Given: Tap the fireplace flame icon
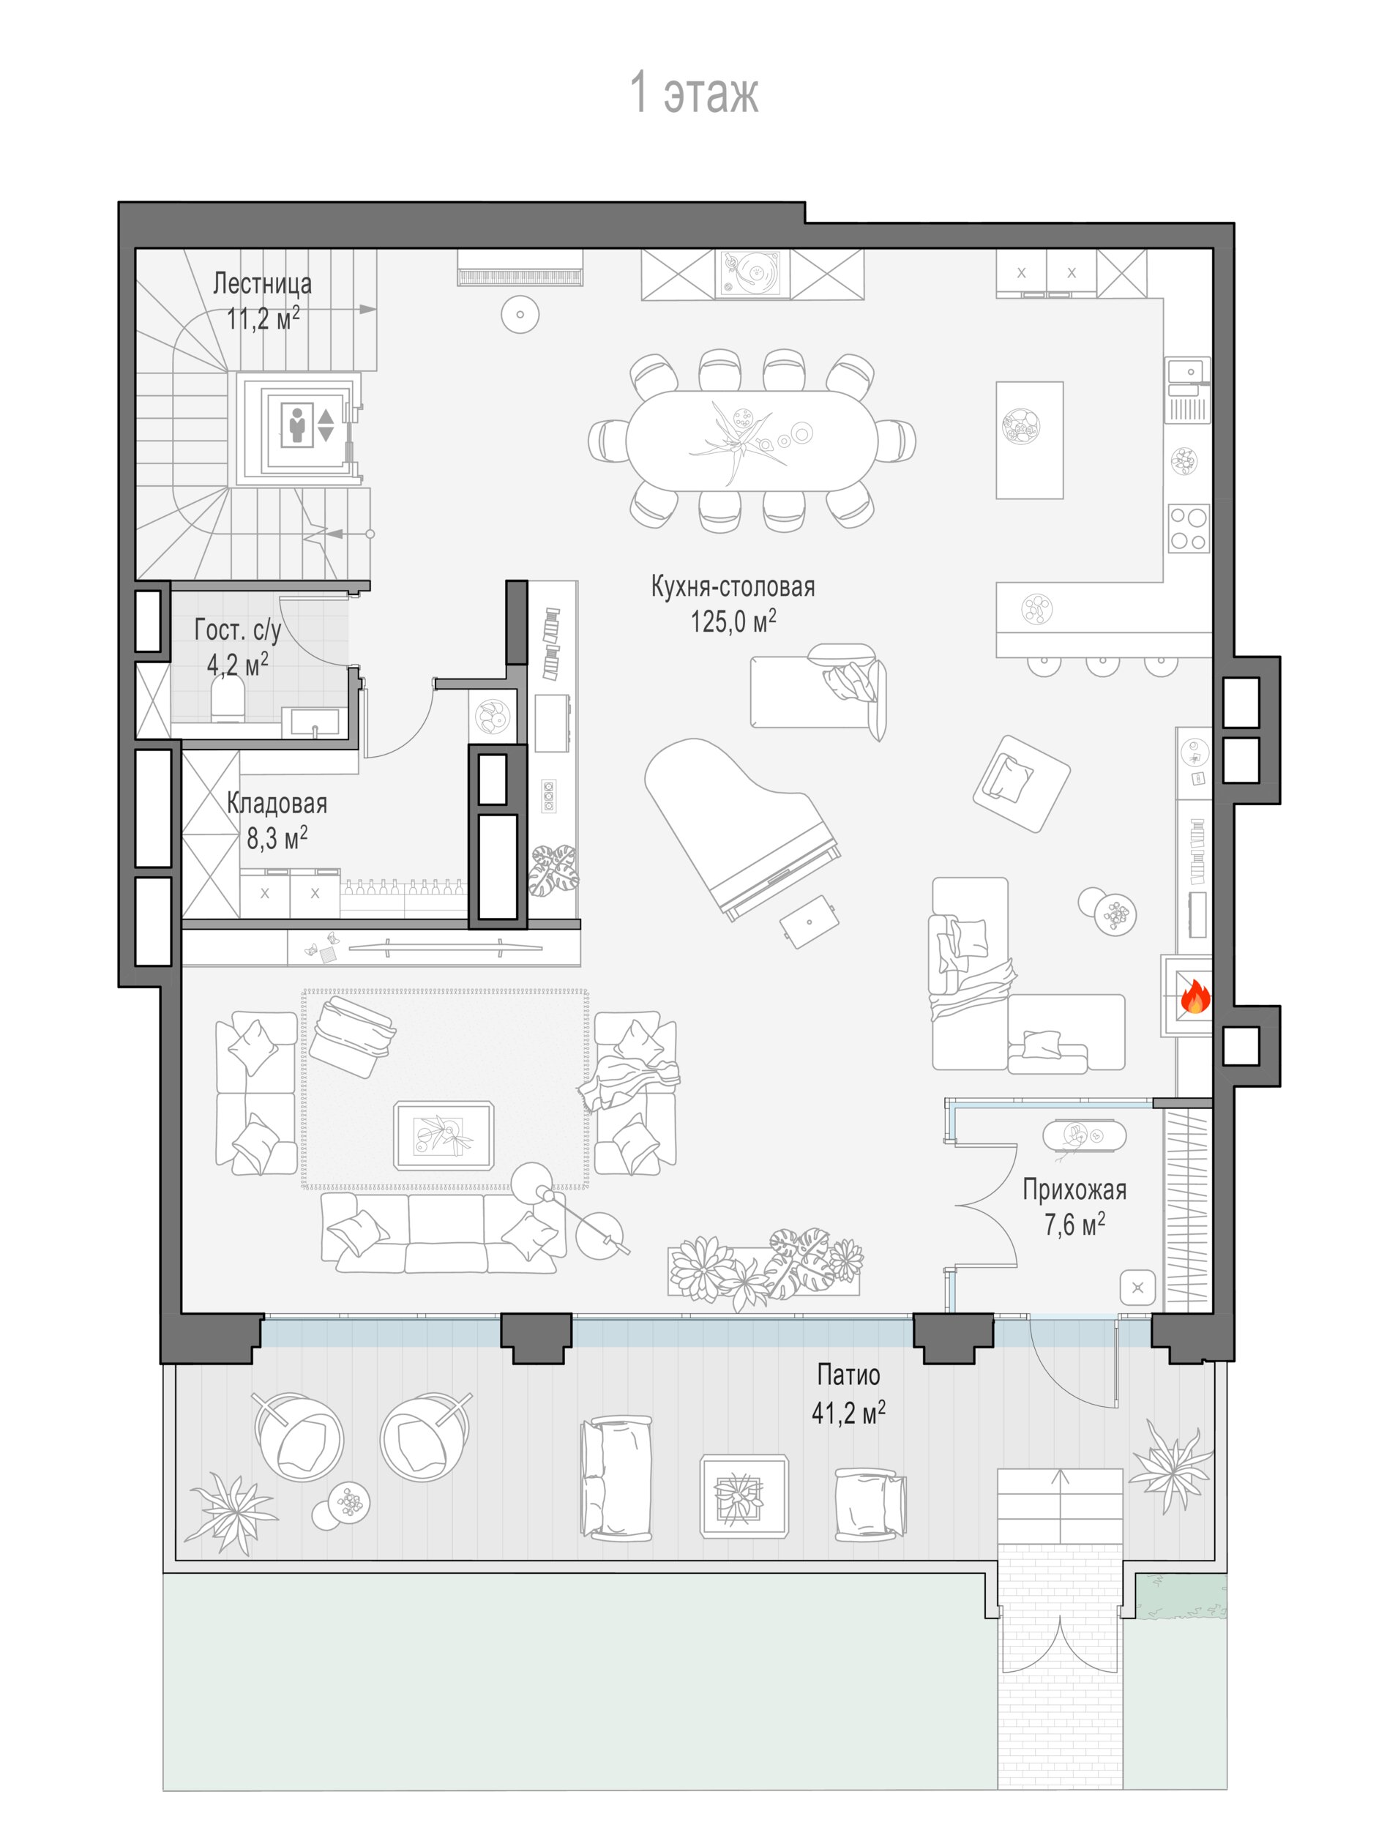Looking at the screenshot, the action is (1195, 997).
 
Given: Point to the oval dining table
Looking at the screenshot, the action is (750, 440).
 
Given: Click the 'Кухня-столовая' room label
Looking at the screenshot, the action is (733, 586).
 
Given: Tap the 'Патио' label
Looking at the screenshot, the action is (848, 1374).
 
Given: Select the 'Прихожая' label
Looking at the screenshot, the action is (1074, 1189).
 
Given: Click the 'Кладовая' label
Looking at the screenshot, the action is (277, 802).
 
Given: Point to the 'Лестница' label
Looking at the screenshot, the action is (262, 283).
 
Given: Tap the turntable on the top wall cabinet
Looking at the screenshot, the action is (752, 274).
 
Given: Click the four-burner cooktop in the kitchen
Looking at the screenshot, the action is (1189, 529).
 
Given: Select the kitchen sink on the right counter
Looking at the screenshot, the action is (1189, 388).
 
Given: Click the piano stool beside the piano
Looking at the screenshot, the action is (809, 921).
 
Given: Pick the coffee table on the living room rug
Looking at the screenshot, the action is (444, 1135).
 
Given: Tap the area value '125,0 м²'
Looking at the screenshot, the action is (733, 621).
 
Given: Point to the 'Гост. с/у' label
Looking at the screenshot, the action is (238, 630).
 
